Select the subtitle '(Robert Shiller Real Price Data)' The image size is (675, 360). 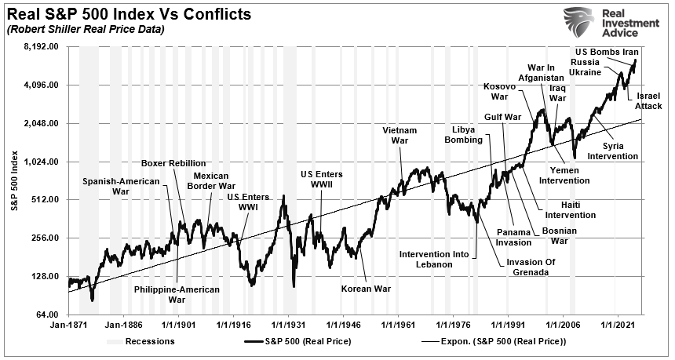(86, 30)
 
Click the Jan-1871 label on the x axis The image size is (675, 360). (68, 324)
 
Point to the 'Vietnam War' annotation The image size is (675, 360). (400, 135)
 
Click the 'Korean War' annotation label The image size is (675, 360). (366, 289)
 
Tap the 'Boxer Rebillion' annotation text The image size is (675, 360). (173, 163)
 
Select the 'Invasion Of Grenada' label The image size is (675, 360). (538, 267)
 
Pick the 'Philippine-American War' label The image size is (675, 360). (177, 294)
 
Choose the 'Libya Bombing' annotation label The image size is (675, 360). (469, 134)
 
